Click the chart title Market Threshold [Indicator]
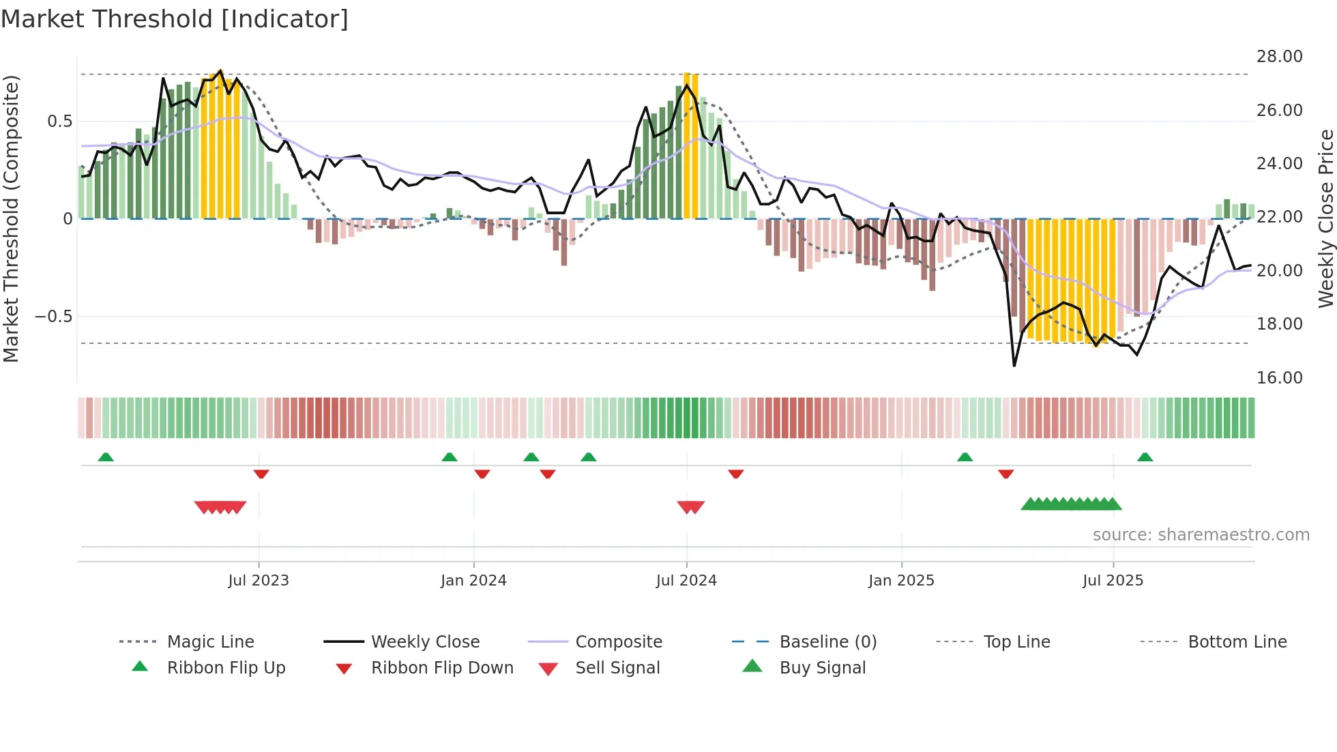point(175,19)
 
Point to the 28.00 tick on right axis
point(1279,57)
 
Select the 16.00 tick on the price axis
point(1279,378)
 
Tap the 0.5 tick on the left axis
point(59,121)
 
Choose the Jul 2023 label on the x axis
point(259,581)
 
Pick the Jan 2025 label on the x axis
point(901,581)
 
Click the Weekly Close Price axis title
point(1325,218)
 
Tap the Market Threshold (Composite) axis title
point(11,218)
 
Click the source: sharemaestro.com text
point(1201,535)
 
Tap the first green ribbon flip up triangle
point(106,457)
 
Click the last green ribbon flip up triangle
point(1145,457)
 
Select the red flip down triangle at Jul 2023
point(261,474)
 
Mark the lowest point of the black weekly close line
point(1014,366)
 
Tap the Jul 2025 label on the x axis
point(1113,581)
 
